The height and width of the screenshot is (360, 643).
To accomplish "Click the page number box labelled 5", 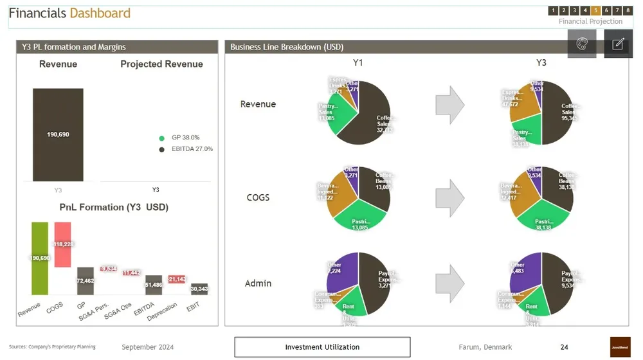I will tap(596, 10).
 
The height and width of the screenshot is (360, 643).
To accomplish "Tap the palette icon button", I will tap(581, 44).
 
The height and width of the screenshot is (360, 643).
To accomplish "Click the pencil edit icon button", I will tap(618, 44).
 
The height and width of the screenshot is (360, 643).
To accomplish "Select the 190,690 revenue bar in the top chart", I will tap(58, 135).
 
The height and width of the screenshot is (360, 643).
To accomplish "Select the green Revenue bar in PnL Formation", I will tap(40, 258).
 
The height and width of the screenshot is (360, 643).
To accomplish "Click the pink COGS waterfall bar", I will tap(62, 245).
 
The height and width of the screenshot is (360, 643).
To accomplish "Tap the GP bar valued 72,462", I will tap(86, 281).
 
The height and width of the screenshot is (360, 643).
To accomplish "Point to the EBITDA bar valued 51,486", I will tap(154, 285).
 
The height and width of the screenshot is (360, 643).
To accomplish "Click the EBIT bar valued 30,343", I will tap(199, 289).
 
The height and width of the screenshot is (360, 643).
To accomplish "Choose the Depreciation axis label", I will tap(163, 310).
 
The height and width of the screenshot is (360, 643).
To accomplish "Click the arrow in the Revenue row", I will tap(449, 104).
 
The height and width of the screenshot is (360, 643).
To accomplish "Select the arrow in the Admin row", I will tap(449, 283).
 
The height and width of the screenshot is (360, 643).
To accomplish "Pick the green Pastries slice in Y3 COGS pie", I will tap(543, 218).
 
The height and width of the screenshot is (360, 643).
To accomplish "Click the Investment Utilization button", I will tap(322, 347).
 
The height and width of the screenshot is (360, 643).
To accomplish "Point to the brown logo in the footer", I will tap(620, 346).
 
